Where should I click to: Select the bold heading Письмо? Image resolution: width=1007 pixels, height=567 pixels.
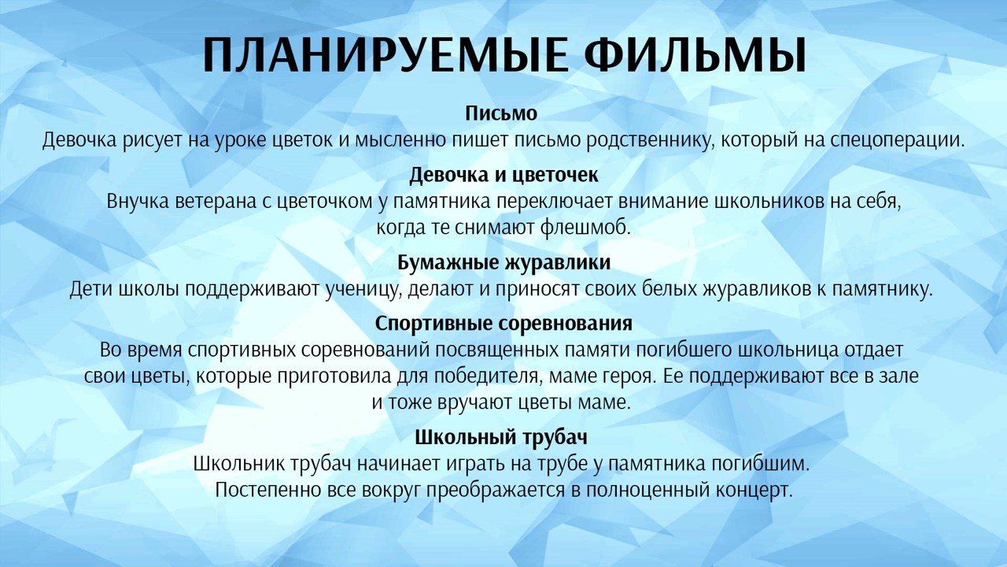coord(501,113)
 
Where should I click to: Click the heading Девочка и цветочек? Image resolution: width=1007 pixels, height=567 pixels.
coord(503,174)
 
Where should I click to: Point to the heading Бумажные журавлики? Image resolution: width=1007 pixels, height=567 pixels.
coord(503,261)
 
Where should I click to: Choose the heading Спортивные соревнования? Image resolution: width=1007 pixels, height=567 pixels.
coord(503,324)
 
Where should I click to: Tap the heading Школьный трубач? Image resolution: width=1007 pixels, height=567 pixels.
coord(501,437)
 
